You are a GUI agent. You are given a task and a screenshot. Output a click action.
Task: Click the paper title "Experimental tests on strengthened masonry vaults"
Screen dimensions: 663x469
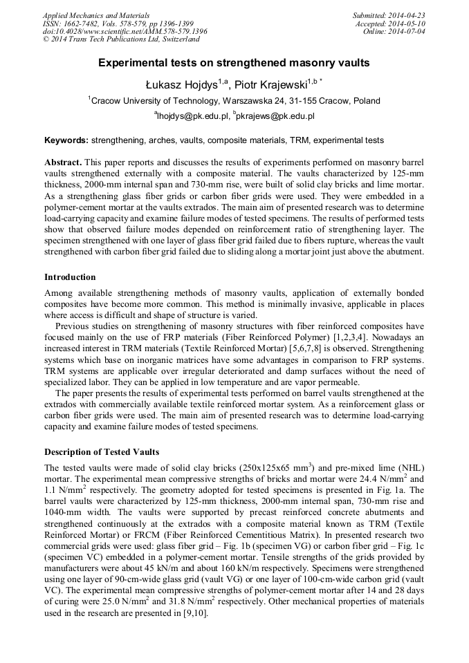tap(234, 63)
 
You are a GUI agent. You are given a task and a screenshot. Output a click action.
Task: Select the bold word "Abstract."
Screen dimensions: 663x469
tap(63, 160)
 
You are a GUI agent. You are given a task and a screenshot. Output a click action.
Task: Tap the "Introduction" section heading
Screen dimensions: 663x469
tap(70, 277)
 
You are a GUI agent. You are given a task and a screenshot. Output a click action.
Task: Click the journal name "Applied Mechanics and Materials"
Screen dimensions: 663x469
tap(96, 15)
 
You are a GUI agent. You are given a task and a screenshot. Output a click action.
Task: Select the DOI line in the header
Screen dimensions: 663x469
tap(125, 32)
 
